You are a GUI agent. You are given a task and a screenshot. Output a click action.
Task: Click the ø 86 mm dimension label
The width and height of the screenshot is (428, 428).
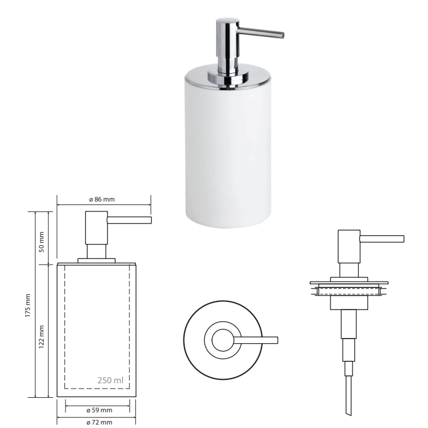coord(102,199)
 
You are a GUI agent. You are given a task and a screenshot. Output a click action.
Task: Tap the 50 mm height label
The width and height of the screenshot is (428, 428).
coord(41,242)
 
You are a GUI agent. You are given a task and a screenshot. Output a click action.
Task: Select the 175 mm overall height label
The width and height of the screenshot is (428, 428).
coord(27,305)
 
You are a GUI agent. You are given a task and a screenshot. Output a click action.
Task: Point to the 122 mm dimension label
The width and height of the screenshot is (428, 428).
coord(41,337)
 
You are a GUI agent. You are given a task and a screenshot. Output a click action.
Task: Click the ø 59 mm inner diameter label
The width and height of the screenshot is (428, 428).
coord(99,410)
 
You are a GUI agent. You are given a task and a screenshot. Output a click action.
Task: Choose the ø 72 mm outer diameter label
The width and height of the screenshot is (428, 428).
coord(99,422)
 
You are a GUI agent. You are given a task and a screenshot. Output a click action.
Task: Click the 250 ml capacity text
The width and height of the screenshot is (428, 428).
coord(110,380)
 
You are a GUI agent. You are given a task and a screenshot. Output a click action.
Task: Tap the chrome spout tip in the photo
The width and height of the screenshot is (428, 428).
coord(282,35)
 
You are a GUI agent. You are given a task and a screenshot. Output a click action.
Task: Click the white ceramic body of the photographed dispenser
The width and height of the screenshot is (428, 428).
coord(228,153)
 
